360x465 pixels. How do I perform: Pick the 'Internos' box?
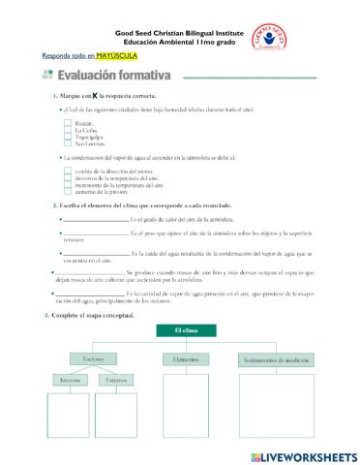click(x=72, y=381)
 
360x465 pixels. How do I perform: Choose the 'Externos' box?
click(x=116, y=381)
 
